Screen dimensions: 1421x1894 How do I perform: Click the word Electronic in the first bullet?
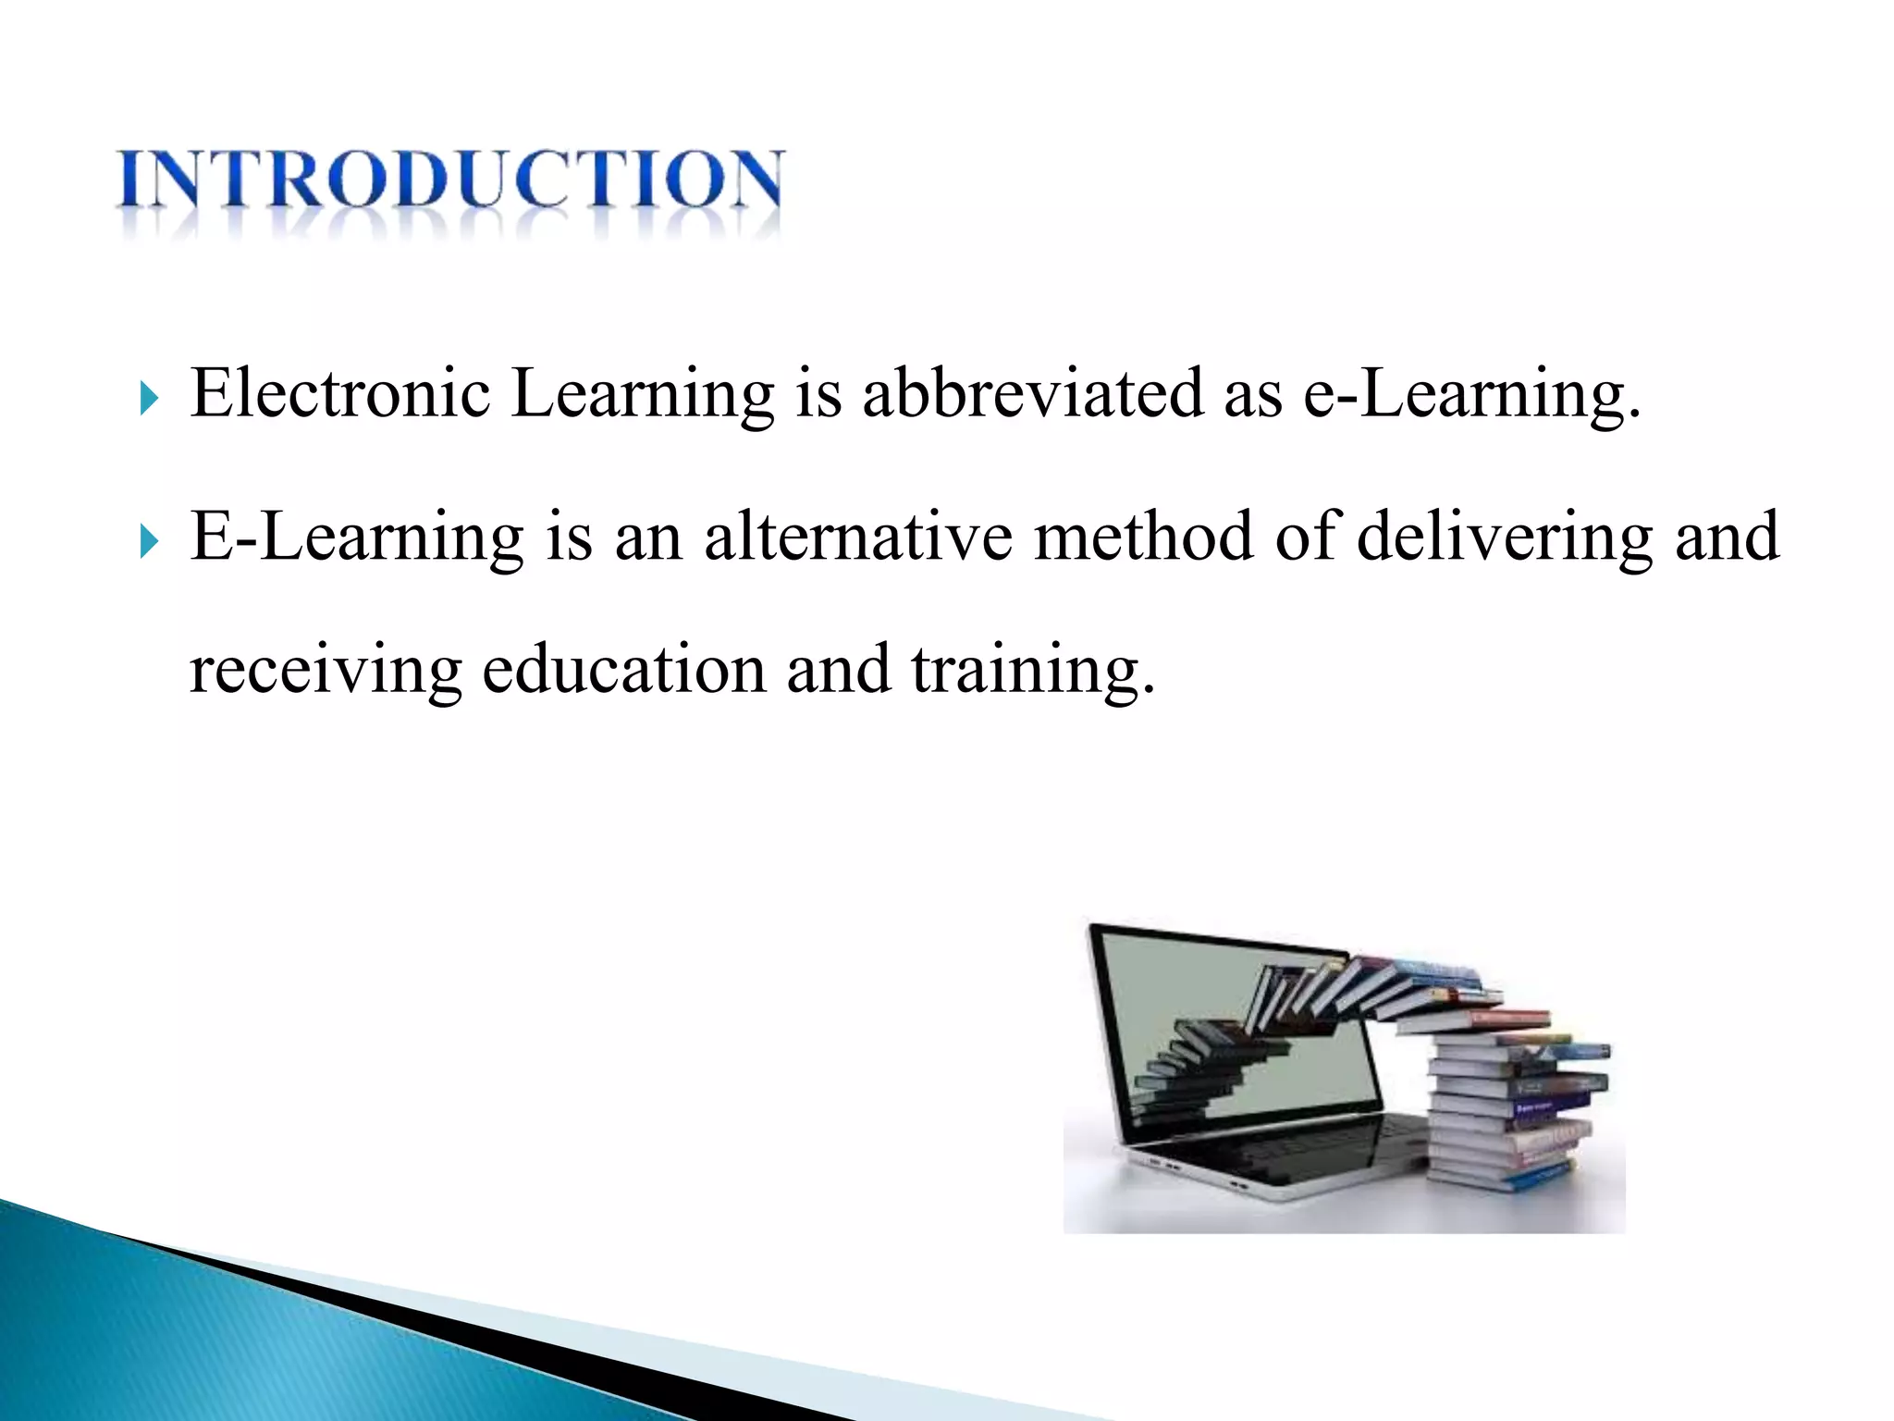pyautogui.click(x=339, y=393)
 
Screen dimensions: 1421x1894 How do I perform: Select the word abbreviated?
pyautogui.click(x=1032, y=393)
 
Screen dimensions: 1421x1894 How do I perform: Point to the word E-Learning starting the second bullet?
pyautogui.click(x=356, y=537)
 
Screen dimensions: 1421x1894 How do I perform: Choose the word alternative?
pyautogui.click(x=857, y=537)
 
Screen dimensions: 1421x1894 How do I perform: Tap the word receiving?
pyautogui.click(x=325, y=670)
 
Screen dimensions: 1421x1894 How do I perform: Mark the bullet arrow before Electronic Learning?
pyautogui.click(x=149, y=399)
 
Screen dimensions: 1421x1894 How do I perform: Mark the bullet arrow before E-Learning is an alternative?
pyautogui.click(x=149, y=542)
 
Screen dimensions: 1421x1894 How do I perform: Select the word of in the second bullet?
pyautogui.click(x=1305, y=537)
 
